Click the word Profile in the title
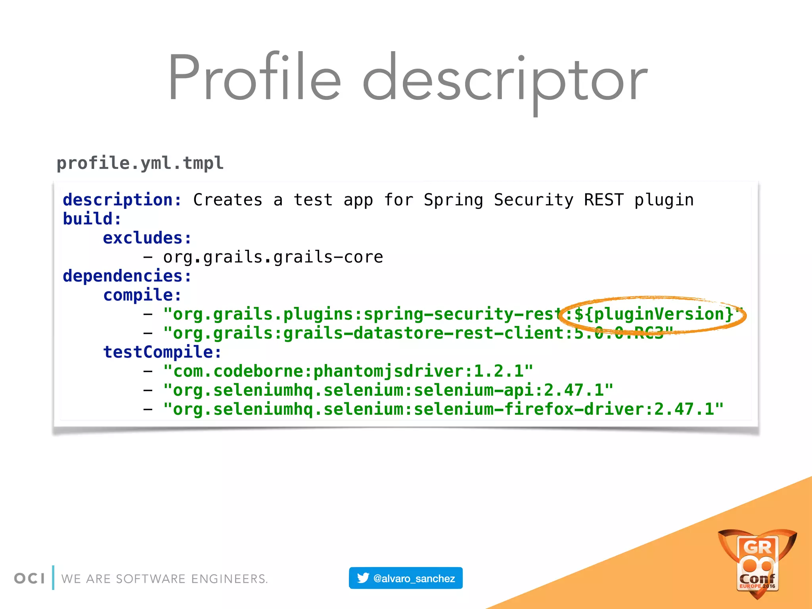click(254, 77)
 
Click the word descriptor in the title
click(504, 79)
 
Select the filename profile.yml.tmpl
click(140, 163)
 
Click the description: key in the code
click(122, 200)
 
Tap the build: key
click(92, 219)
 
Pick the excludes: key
click(147, 238)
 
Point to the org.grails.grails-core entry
click(273, 257)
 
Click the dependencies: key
click(127, 276)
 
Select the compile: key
click(142, 295)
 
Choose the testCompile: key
click(162, 352)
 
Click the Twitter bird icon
click(363, 578)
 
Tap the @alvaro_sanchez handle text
click(414, 578)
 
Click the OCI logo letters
click(29, 578)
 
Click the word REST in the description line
click(603, 200)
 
